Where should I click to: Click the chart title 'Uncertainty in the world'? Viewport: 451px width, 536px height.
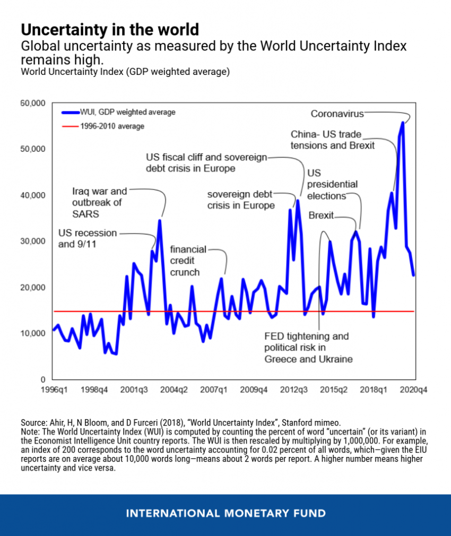pyautogui.click(x=110, y=29)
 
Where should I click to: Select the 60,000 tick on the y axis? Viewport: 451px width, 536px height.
pyautogui.click(x=33, y=102)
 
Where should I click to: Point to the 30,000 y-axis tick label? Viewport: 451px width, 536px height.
pyautogui.click(x=33, y=241)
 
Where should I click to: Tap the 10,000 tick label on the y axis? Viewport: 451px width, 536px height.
pyautogui.click(x=33, y=333)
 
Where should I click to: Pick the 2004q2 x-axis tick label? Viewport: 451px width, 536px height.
pyautogui.click(x=175, y=390)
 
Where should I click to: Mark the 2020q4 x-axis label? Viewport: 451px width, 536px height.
pyautogui.click(x=414, y=390)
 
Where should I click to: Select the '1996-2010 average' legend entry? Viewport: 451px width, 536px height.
pyautogui.click(x=112, y=126)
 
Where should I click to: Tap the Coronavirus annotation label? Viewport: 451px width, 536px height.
pyautogui.click(x=337, y=114)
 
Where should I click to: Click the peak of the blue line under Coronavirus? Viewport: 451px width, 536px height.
pyautogui.click(x=403, y=123)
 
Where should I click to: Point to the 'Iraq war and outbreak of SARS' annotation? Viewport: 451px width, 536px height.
pyautogui.click(x=99, y=202)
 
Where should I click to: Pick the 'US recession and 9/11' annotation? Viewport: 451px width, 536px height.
pyautogui.click(x=88, y=238)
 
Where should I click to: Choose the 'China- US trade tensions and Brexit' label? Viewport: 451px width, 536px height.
pyautogui.click(x=333, y=140)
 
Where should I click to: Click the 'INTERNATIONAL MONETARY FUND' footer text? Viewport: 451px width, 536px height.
pyautogui.click(x=226, y=513)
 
